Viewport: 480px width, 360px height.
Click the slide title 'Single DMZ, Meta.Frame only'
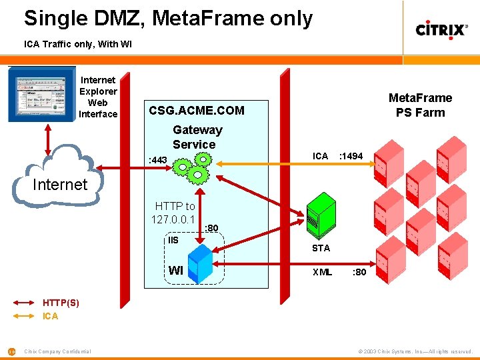168,18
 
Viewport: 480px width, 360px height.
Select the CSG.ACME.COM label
197,111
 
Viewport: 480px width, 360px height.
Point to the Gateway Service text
197,137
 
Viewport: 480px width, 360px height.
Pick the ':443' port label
158,160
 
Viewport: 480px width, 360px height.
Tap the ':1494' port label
351,156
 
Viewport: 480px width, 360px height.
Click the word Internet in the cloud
60,184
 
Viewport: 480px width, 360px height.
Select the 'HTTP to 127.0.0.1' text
173,213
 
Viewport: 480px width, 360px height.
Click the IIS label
173,240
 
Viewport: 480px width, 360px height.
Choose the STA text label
321,248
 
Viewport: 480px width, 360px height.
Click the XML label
323,272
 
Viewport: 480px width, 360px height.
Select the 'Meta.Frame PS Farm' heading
420,105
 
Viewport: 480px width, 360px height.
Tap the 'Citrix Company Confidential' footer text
58,351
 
